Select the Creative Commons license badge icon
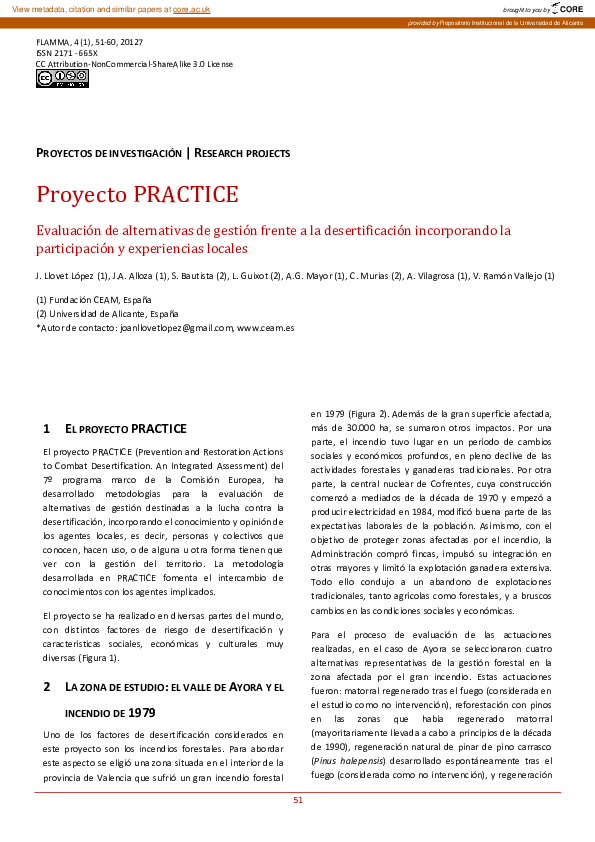click(x=62, y=79)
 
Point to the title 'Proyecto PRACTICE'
click(x=137, y=194)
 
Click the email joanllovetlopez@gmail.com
click(x=176, y=326)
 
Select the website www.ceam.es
click(x=265, y=326)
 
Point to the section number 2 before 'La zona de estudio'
click(x=47, y=687)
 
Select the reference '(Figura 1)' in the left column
click(x=97, y=657)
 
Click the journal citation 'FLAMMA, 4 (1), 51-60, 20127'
click(x=89, y=41)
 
